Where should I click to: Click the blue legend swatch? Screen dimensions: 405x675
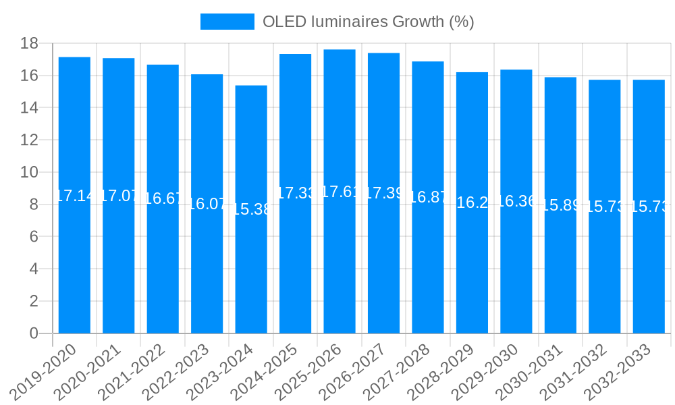(x=227, y=22)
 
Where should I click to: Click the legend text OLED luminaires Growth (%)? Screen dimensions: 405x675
(x=368, y=22)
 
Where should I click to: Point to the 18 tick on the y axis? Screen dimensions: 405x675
(x=30, y=44)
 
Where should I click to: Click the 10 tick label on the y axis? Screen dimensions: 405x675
(x=30, y=172)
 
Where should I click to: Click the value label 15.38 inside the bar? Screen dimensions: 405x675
(x=251, y=209)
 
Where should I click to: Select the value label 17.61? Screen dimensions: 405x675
(x=340, y=192)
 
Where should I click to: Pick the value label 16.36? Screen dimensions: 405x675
(x=516, y=201)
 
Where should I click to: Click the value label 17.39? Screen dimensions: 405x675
(x=383, y=193)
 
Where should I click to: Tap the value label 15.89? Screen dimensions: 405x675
(x=560, y=206)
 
